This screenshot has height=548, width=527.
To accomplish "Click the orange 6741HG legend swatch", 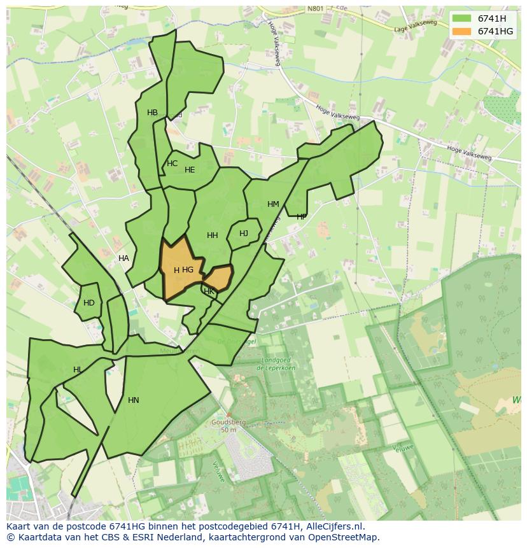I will pyautogui.click(x=462, y=31).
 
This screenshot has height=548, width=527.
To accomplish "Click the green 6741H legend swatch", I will pyautogui.click(x=462, y=18).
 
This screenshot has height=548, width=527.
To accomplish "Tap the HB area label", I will pyautogui.click(x=152, y=113).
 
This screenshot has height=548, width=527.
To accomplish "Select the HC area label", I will pyautogui.click(x=172, y=164).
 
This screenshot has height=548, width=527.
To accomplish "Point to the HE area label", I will pyautogui.click(x=190, y=170).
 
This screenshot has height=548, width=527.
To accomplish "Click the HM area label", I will pyautogui.click(x=273, y=204).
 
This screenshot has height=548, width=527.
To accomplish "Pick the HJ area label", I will pyautogui.click(x=244, y=234).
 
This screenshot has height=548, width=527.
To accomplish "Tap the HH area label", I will pyautogui.click(x=213, y=235).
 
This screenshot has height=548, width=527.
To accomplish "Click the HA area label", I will pyautogui.click(x=123, y=258).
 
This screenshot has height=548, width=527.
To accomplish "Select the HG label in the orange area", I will pyautogui.click(x=187, y=270).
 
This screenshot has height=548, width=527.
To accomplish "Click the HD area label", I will pyautogui.click(x=89, y=303).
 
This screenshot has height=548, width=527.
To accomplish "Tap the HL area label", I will pyautogui.click(x=77, y=370).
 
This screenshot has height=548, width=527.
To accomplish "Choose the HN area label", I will pyautogui.click(x=133, y=400).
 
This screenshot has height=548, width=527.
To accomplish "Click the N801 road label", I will pyautogui.click(x=315, y=9).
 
